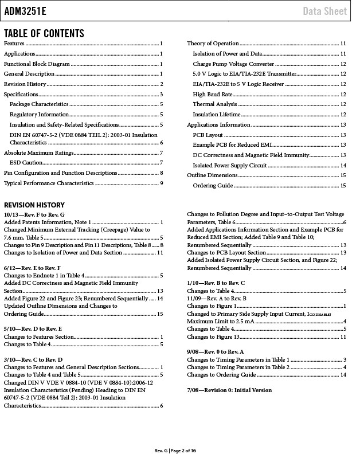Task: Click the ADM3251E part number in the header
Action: point(26,11)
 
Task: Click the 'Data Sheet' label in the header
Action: point(325,11)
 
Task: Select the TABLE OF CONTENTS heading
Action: point(44,33)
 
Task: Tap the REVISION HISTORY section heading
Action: point(34,205)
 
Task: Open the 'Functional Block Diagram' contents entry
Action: point(37,64)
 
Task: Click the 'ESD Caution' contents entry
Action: point(26,163)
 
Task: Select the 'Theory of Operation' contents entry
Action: point(213,44)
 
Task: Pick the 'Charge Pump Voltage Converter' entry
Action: point(233,64)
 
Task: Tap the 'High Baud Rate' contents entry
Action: point(213,94)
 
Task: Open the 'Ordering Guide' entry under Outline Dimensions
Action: point(213,186)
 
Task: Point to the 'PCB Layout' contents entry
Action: point(208,135)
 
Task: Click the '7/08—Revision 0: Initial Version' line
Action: point(229,390)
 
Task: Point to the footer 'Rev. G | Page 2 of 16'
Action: point(179,449)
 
